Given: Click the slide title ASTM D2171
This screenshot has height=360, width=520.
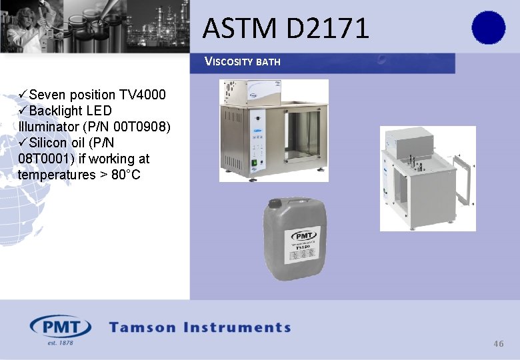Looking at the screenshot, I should (x=285, y=28).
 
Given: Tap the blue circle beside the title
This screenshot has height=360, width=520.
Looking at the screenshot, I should (x=489, y=28).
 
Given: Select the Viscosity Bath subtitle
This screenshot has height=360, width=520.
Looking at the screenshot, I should (x=242, y=62).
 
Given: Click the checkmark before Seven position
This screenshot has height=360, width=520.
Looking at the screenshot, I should (x=23, y=94).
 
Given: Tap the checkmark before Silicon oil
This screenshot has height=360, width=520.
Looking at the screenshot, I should (x=23, y=143).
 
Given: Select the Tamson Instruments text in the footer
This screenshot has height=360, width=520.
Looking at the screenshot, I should (x=200, y=327).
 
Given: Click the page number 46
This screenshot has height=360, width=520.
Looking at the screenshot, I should (x=498, y=343).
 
